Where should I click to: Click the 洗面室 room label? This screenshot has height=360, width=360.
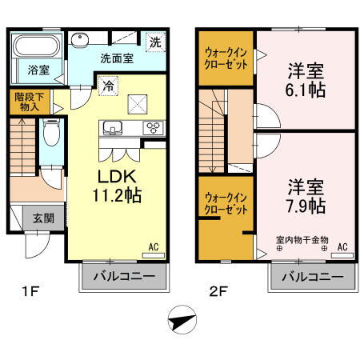(116, 58)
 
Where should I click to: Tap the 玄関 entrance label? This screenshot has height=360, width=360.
(43, 217)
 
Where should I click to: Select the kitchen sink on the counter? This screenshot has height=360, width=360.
(111, 127)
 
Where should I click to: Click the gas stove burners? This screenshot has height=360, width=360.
(151, 128)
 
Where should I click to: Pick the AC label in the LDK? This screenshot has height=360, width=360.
(153, 247)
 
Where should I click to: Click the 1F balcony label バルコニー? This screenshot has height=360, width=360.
(123, 278)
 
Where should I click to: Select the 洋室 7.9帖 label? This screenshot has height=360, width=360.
(306, 194)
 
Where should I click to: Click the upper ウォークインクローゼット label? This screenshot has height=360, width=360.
(225, 55)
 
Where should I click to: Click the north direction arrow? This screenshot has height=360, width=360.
(182, 322)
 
